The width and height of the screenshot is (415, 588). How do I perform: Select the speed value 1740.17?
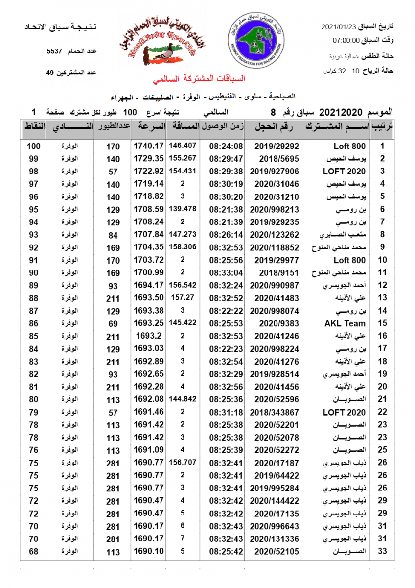click(148, 146)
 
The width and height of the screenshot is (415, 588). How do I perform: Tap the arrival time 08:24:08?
click(226, 146)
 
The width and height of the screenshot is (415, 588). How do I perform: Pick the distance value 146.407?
click(183, 146)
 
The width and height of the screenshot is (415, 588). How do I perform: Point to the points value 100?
click(33, 146)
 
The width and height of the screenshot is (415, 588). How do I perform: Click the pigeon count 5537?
click(55, 51)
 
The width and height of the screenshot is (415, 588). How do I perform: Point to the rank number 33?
click(383, 552)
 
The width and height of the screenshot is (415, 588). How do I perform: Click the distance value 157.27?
click(183, 297)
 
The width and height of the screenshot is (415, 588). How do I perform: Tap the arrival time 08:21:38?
click(226, 209)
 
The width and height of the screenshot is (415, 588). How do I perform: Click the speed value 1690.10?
click(148, 552)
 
